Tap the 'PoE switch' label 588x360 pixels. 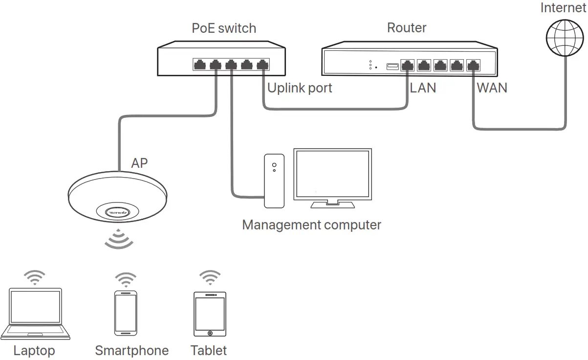[x=224, y=28]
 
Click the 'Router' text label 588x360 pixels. [x=407, y=27]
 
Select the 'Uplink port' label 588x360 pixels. [x=300, y=88]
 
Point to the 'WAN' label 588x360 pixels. [x=492, y=88]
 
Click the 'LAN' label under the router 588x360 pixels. [x=423, y=88]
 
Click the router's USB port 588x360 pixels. [x=392, y=66]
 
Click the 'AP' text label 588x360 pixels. [x=139, y=163]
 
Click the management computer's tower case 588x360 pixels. [x=274, y=181]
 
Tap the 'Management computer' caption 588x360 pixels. [x=311, y=225]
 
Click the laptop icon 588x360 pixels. [x=35, y=313]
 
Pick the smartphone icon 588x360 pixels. [x=126, y=313]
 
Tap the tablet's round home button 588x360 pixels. [x=210, y=333]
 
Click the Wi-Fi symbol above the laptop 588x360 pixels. [x=35, y=277]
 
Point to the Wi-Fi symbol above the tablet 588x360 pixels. [x=210, y=277]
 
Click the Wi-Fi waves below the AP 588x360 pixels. [x=120, y=239]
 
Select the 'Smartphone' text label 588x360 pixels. [x=131, y=351]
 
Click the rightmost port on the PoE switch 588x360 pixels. [x=263, y=64]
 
